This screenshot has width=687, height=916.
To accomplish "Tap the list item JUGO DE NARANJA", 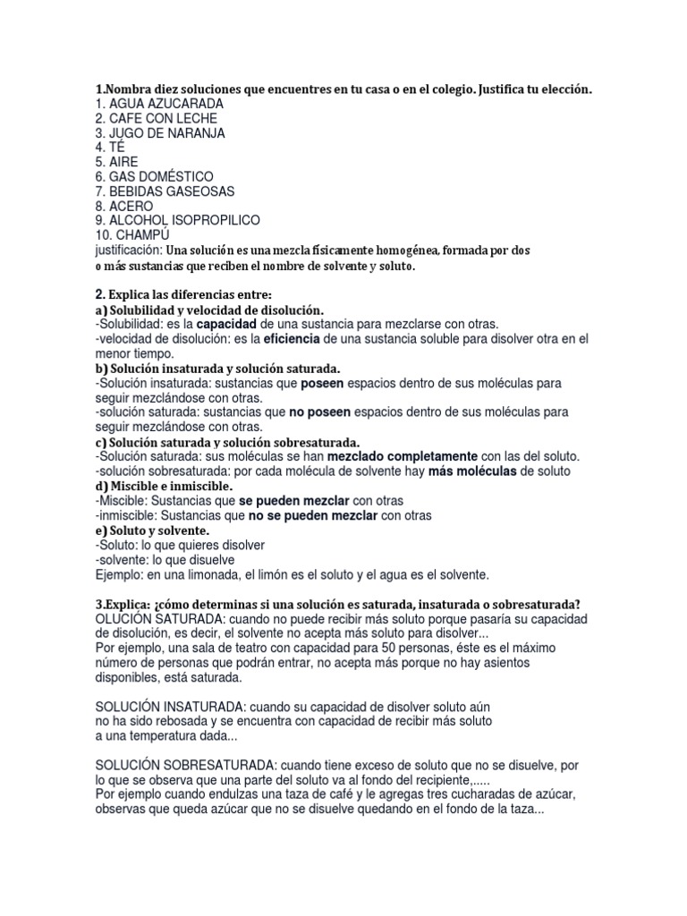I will pyautogui.click(x=160, y=132).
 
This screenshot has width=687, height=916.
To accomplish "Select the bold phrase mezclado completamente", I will pyautogui.click(x=403, y=456).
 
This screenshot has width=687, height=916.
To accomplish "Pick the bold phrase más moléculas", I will pyautogui.click(x=472, y=471).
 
